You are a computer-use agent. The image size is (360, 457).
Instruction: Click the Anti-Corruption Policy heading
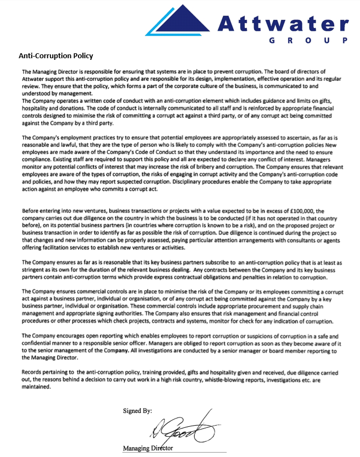56,56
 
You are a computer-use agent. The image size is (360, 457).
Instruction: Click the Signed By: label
138,410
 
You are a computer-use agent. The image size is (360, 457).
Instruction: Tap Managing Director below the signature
148,448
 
